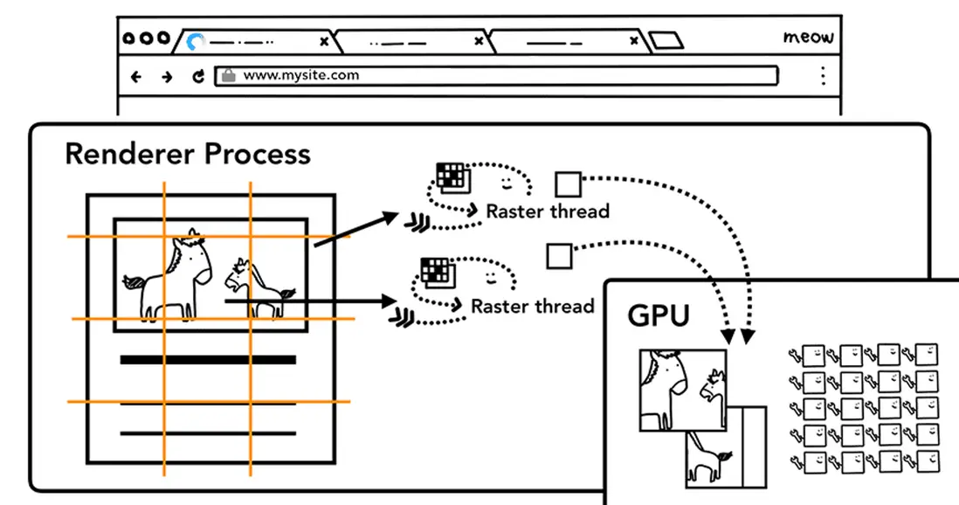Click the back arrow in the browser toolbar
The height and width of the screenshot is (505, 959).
tap(136, 76)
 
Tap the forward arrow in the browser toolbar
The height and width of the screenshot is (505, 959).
tap(167, 76)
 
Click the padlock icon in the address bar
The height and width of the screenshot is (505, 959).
tap(228, 75)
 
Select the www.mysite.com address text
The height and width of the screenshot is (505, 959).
tap(300, 75)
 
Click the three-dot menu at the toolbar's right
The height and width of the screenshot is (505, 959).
tap(823, 75)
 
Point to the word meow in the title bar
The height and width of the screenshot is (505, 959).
tap(808, 38)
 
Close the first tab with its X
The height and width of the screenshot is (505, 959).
tap(324, 41)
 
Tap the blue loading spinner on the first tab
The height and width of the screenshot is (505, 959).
tap(196, 41)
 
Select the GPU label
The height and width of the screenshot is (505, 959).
tap(659, 315)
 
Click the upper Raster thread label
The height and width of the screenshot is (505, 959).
tap(548, 211)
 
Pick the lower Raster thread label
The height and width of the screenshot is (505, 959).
tap(533, 306)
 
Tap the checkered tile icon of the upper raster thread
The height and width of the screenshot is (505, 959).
tap(452, 176)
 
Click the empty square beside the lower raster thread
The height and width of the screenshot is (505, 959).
tap(559, 256)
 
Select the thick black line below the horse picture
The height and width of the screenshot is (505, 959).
tap(208, 359)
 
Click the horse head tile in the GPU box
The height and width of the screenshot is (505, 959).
tap(682, 388)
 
